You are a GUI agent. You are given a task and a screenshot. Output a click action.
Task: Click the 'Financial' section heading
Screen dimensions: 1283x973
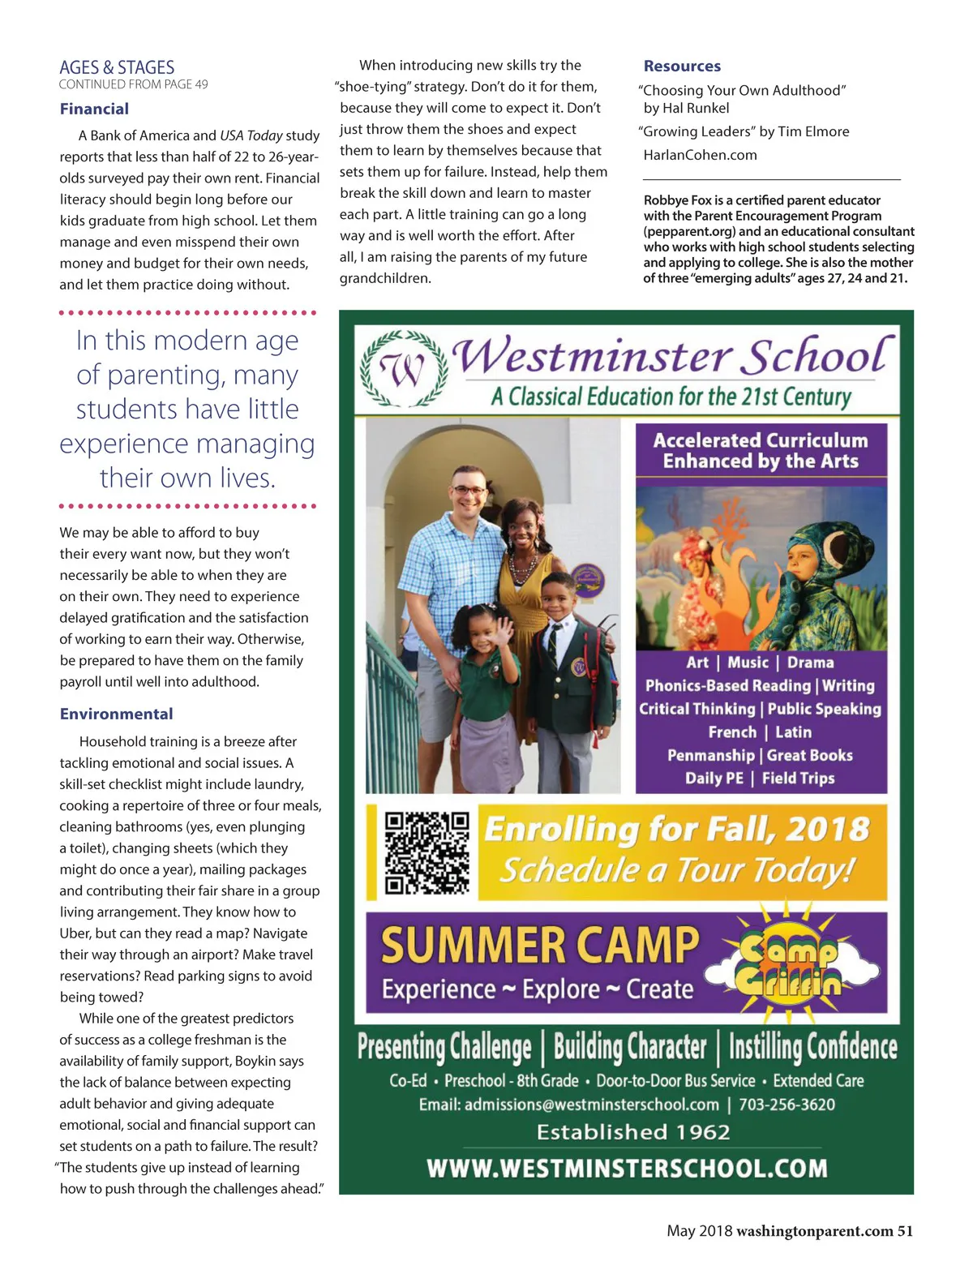pos(94,109)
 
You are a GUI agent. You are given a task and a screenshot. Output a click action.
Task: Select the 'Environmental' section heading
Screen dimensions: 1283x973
pos(116,714)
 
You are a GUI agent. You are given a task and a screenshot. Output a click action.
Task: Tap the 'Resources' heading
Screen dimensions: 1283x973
pos(682,66)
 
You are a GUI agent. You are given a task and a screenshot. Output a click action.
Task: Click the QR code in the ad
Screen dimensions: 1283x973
pos(426,852)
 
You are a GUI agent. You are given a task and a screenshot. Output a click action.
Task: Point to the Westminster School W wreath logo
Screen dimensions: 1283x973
pos(404,370)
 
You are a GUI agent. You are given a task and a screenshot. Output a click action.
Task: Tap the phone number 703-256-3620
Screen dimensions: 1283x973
pos(787,1105)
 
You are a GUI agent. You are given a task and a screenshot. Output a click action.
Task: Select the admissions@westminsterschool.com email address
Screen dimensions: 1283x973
pos(591,1105)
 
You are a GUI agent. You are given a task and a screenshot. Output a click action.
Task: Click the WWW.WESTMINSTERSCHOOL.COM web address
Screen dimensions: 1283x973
pos(627,1169)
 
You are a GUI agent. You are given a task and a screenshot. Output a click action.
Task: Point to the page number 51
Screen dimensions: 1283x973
pos(905,1231)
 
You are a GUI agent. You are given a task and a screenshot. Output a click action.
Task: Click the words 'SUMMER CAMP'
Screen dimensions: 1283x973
pos(540,946)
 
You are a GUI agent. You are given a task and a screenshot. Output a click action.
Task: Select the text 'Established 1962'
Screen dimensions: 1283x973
pos(633,1132)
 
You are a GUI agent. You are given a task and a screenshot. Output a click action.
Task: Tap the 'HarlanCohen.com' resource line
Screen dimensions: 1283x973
pos(700,155)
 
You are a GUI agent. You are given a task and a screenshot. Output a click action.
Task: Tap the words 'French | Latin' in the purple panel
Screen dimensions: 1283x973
pos(760,732)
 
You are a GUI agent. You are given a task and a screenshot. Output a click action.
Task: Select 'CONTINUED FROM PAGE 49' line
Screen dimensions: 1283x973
pos(133,84)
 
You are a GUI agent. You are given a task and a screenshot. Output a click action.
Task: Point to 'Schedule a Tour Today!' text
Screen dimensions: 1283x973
pos(677,870)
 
